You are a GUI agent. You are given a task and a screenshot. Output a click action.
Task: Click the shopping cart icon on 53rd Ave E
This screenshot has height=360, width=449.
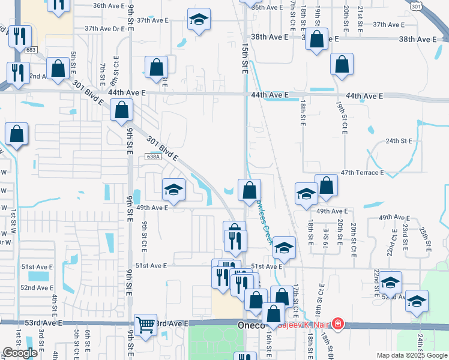pos(145,326)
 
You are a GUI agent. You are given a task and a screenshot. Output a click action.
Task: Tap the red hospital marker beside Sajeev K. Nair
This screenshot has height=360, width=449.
pos(338,324)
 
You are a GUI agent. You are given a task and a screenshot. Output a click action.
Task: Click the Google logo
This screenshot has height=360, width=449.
pos(20,353)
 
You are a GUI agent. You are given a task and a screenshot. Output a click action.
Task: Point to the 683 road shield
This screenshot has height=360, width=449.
pos(32,49)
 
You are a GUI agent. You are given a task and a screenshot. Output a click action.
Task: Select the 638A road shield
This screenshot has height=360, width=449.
pos(153,157)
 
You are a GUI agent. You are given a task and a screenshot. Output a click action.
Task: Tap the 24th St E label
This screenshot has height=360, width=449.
pos(399,141)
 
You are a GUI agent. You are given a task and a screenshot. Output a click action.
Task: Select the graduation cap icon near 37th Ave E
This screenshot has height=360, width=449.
pos(197,20)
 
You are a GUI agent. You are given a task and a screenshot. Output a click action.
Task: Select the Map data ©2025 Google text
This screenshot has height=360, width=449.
pos(411,355)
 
